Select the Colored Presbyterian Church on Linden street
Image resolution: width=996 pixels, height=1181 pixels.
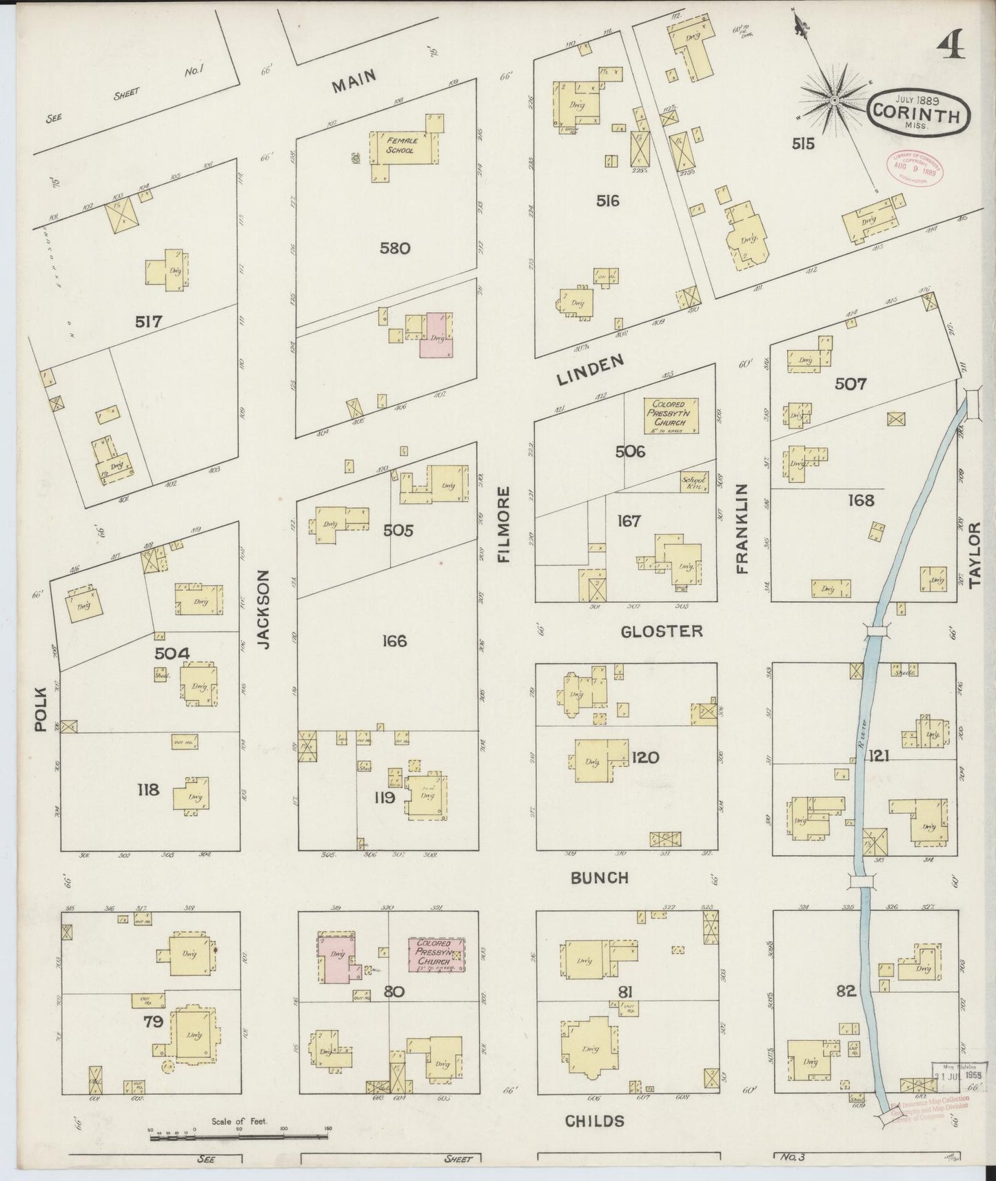[x=671, y=415]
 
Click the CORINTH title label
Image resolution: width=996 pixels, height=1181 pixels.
[x=916, y=114]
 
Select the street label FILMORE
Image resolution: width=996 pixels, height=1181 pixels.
[x=504, y=525]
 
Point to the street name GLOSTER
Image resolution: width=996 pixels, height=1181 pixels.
[x=661, y=631]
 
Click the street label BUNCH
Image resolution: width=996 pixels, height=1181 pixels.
[x=599, y=878]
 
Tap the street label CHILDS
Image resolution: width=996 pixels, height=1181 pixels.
[x=594, y=1121]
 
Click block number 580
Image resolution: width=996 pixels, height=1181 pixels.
[x=395, y=248]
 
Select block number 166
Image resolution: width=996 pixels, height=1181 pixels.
[x=394, y=641]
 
